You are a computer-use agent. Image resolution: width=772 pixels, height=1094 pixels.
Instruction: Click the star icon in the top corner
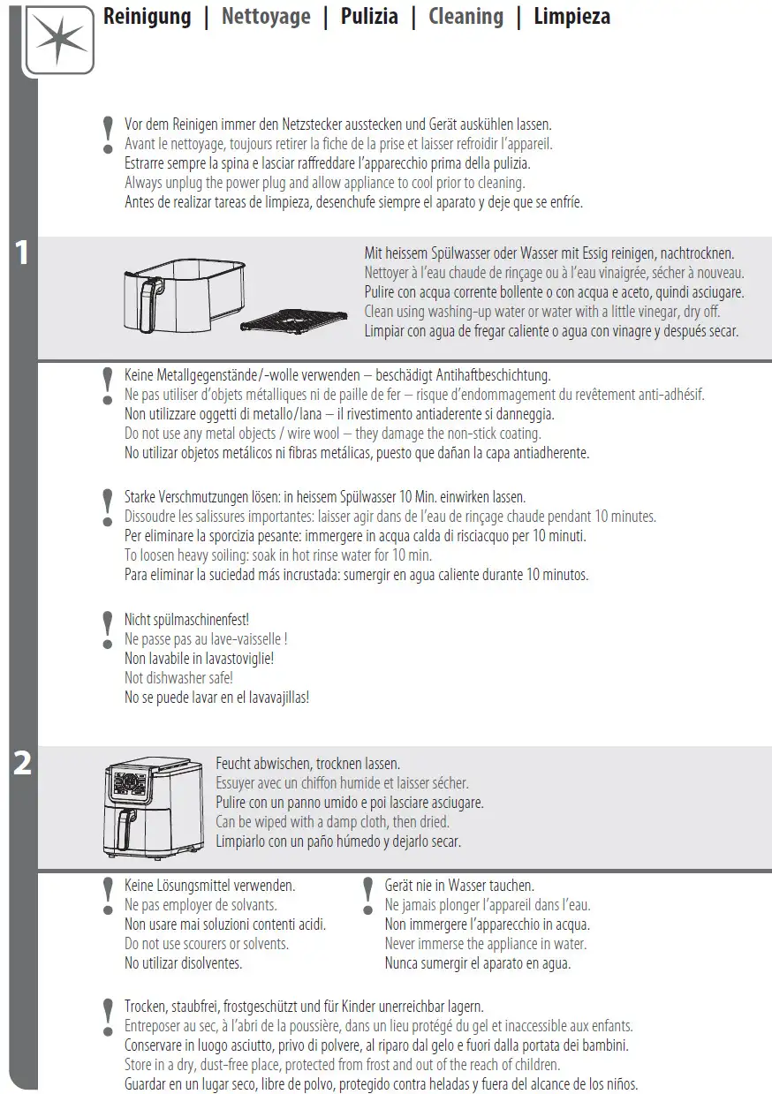tap(59, 40)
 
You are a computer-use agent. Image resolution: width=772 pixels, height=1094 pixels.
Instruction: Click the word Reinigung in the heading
tap(147, 17)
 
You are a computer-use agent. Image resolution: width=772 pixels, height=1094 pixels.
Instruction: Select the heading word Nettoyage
tap(266, 17)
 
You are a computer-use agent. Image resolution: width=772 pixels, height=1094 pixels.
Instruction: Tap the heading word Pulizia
tap(369, 17)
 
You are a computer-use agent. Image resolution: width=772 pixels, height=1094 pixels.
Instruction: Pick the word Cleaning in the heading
tap(465, 17)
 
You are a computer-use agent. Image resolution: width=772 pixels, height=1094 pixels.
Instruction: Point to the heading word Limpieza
tap(571, 17)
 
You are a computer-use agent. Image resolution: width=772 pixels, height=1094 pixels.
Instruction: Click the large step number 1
tap(22, 253)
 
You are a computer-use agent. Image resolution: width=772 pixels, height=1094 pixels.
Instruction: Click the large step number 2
tap(22, 764)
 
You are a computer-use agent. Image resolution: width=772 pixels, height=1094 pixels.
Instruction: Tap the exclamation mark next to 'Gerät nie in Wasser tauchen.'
tap(368, 896)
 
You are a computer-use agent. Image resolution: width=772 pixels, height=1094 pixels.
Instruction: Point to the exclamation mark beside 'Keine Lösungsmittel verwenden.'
tap(108, 896)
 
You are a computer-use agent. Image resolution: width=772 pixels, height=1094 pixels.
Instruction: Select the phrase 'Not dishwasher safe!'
tap(178, 678)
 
